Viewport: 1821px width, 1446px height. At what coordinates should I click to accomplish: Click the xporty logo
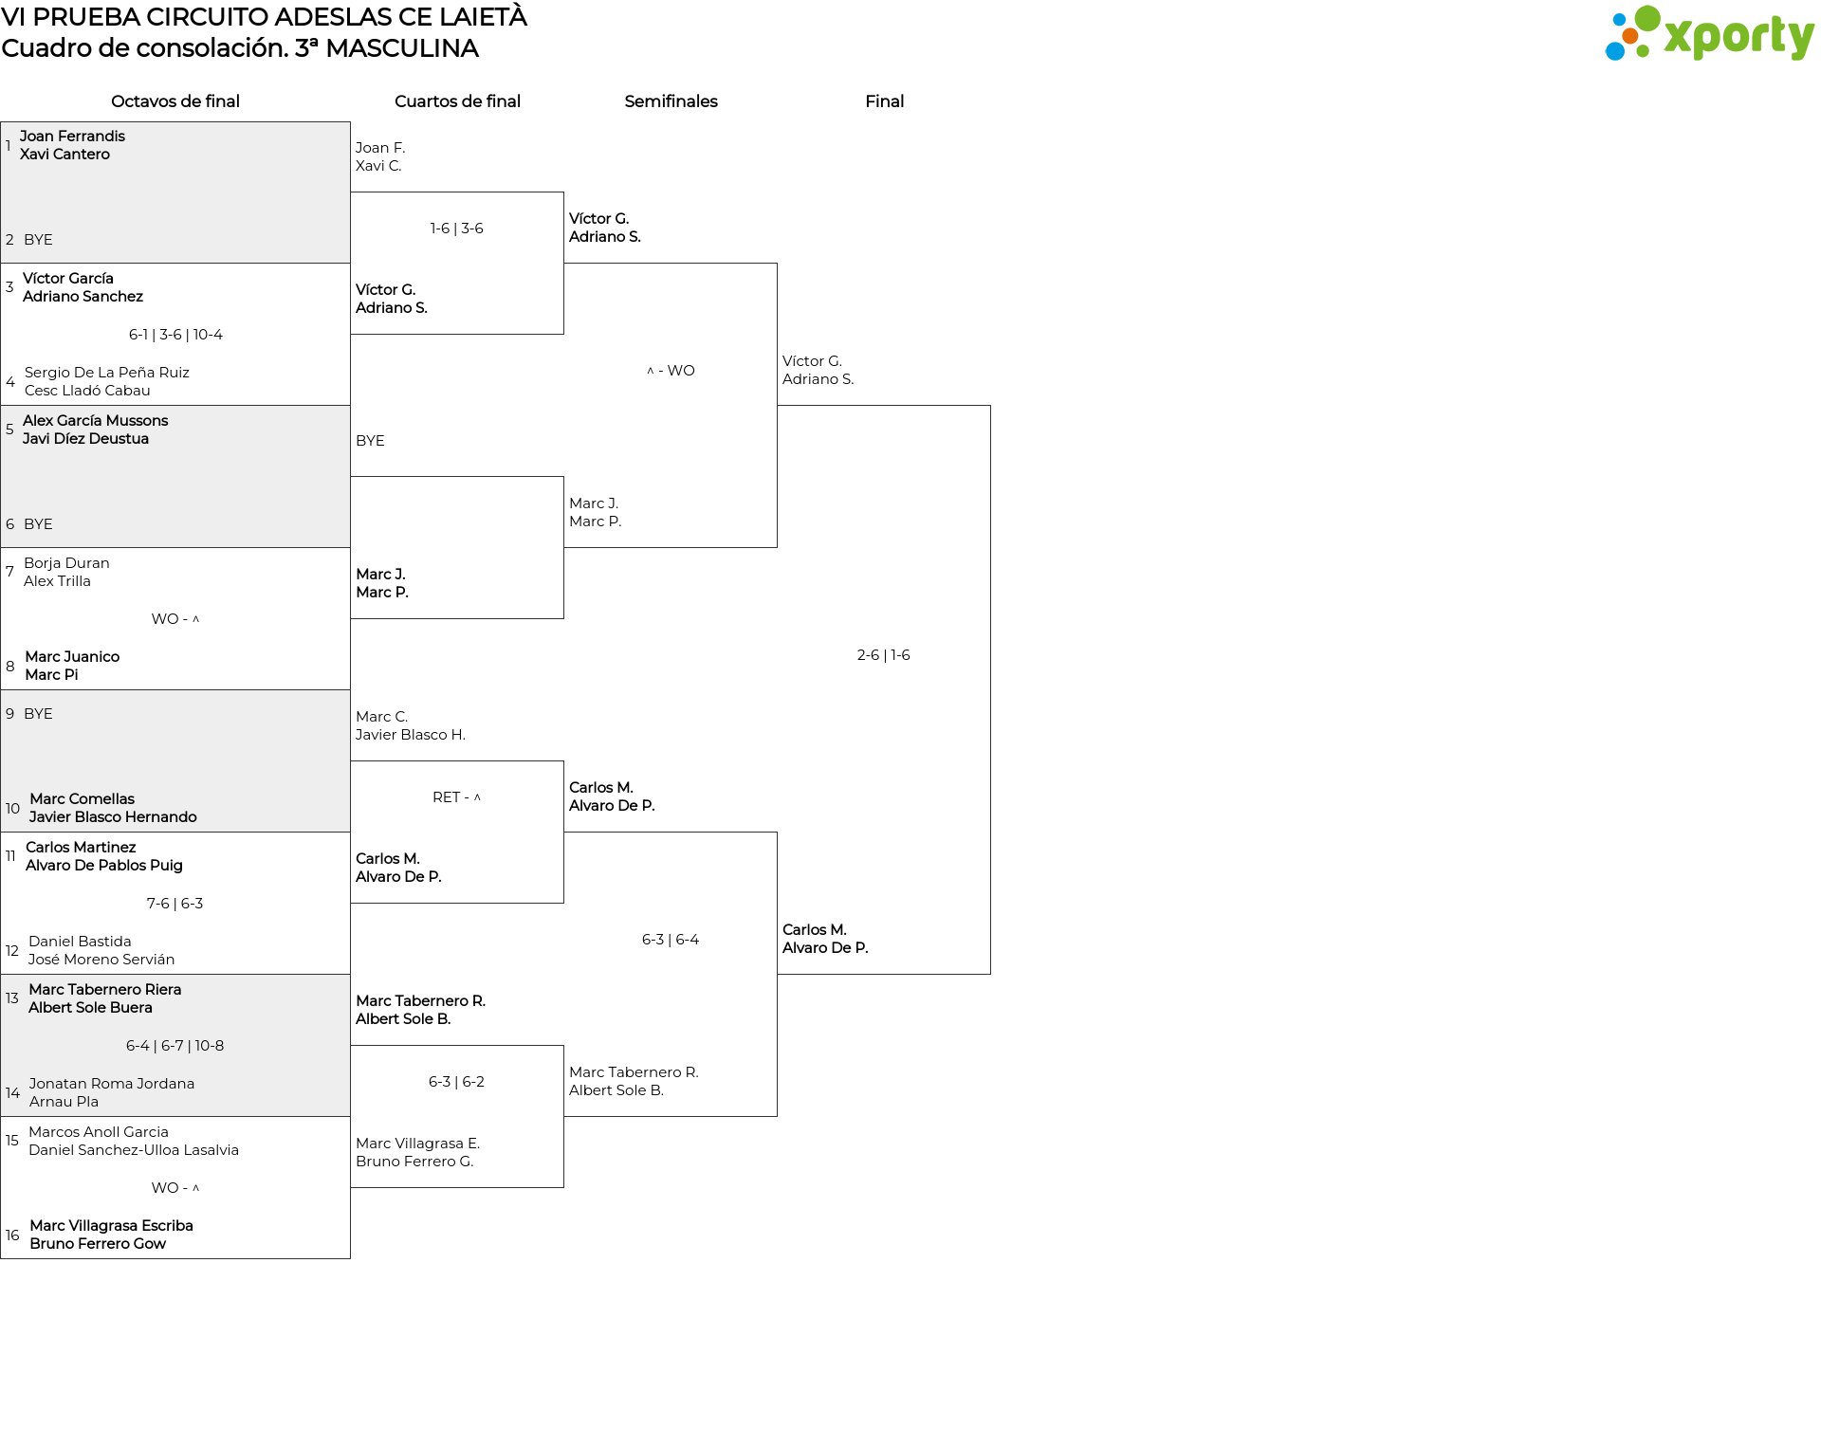click(x=1709, y=34)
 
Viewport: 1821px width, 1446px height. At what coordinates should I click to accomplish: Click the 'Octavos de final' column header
click(x=175, y=101)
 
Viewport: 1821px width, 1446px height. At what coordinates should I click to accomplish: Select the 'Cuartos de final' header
click(x=457, y=101)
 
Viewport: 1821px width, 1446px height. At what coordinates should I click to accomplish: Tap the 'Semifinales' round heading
click(x=671, y=101)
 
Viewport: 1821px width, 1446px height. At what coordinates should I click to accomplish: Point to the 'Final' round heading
click(x=884, y=101)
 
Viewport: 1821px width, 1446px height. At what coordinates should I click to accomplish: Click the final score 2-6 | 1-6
click(x=883, y=655)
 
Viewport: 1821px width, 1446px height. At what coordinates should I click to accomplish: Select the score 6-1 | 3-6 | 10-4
click(x=175, y=335)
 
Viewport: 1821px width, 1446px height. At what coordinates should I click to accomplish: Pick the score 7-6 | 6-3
click(x=175, y=904)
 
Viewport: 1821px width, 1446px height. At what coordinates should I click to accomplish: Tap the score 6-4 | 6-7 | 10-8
click(x=175, y=1046)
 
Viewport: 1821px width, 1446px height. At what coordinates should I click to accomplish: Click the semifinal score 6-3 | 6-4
click(x=671, y=940)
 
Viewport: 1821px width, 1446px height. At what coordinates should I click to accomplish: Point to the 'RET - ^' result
click(x=457, y=797)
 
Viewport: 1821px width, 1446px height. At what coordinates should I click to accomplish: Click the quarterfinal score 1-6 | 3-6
click(x=457, y=229)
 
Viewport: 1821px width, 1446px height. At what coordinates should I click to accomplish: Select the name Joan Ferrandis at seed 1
click(x=72, y=137)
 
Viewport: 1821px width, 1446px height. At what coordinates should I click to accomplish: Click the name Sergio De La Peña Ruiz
click(x=107, y=373)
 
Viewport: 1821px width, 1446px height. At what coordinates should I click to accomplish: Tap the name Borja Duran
click(x=66, y=563)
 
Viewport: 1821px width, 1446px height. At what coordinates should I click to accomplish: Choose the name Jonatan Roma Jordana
click(x=112, y=1084)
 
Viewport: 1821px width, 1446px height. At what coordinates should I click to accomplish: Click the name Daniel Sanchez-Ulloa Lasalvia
click(x=134, y=1150)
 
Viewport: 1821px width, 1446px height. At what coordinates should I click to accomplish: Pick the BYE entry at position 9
click(x=38, y=714)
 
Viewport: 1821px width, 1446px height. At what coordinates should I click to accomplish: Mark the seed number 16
click(x=12, y=1236)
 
